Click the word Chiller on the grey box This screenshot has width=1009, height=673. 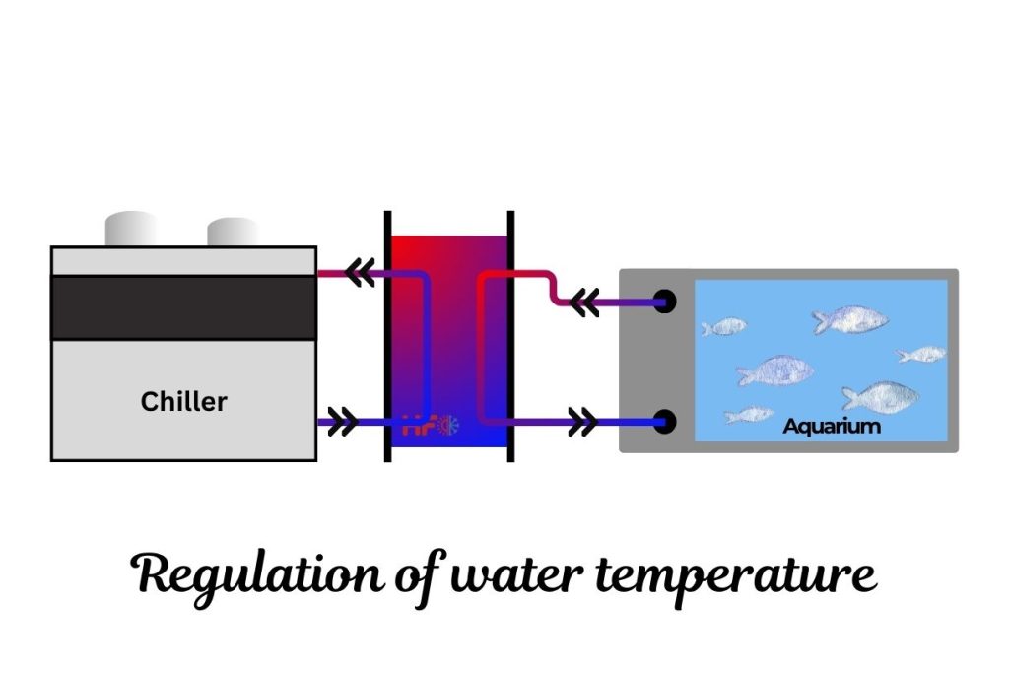click(x=183, y=402)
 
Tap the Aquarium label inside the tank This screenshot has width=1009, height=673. click(x=832, y=427)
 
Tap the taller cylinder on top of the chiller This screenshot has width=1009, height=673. click(x=131, y=230)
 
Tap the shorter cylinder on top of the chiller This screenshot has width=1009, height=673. click(x=233, y=233)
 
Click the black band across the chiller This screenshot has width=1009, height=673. click(x=183, y=307)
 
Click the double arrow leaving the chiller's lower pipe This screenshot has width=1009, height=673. click(x=342, y=424)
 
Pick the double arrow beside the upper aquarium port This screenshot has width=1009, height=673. click(x=584, y=303)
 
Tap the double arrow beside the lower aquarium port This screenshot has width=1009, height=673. click(x=582, y=424)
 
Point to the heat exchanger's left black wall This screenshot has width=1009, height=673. click(x=387, y=336)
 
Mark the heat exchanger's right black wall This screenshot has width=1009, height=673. click(x=510, y=336)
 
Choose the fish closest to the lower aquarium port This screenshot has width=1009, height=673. click(x=749, y=415)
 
